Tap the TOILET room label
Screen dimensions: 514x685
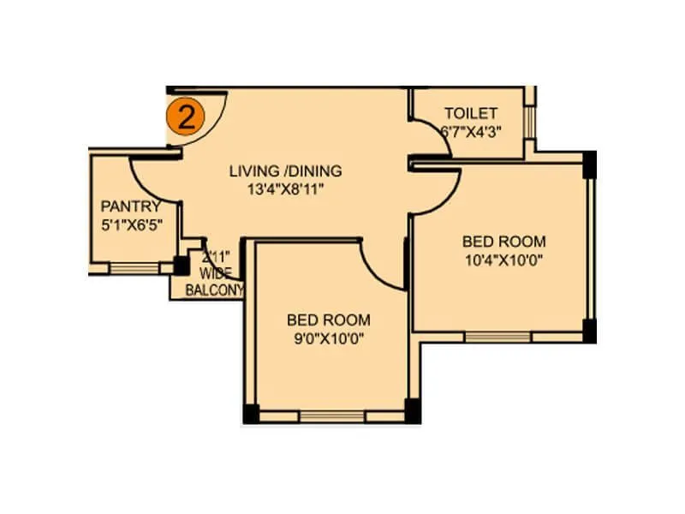470,114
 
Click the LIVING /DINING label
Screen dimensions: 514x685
285,170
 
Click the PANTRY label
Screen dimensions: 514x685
130,206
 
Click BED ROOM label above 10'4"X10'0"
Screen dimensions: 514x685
503,242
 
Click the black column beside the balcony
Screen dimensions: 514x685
182,265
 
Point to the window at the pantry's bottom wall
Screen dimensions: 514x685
134,268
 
